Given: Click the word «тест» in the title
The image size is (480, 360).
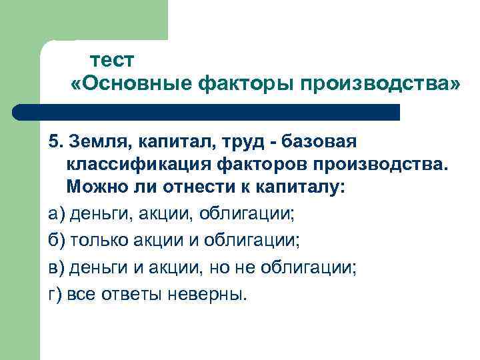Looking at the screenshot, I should (x=112, y=60).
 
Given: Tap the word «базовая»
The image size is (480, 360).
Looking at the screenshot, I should (x=321, y=142).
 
